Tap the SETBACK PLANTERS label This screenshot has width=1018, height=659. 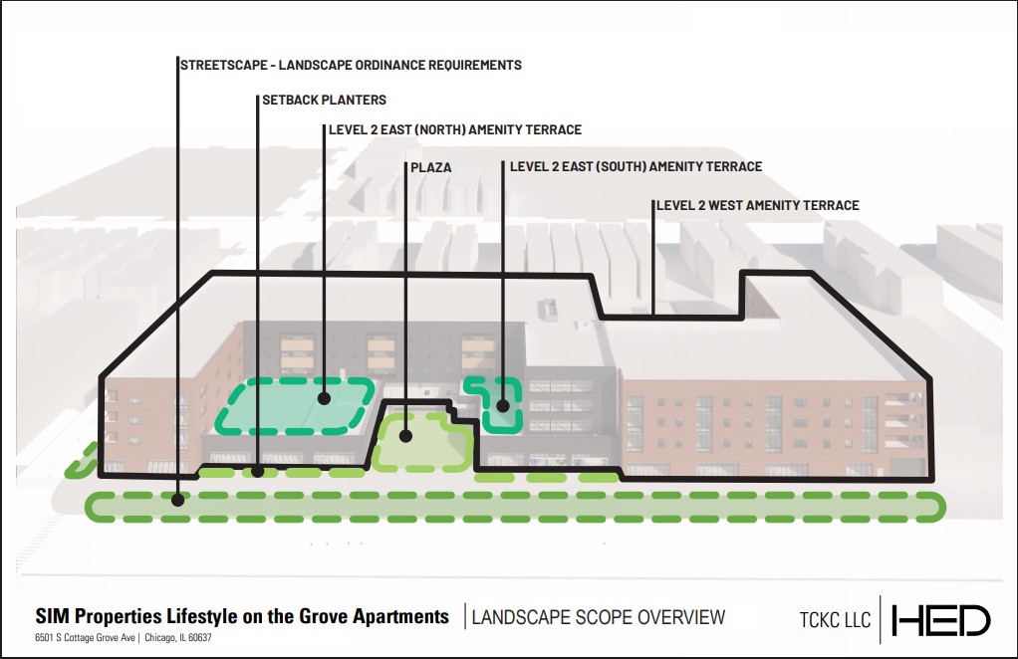pyautogui.click(x=324, y=101)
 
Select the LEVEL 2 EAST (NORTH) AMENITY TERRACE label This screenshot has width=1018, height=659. pyautogui.click(x=455, y=130)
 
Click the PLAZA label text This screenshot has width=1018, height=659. pyautogui.click(x=431, y=167)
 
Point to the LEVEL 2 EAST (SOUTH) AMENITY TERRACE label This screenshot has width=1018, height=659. pyautogui.click(x=636, y=167)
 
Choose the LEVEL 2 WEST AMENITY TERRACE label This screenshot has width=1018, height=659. pyautogui.click(x=757, y=206)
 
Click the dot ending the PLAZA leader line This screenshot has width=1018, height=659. pyautogui.click(x=406, y=434)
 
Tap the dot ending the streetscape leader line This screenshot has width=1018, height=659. pyautogui.click(x=177, y=500)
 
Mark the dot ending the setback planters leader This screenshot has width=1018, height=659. pyautogui.click(x=258, y=472)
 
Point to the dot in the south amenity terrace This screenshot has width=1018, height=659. pyautogui.click(x=503, y=404)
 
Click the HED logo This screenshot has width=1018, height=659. pyautogui.click(x=941, y=620)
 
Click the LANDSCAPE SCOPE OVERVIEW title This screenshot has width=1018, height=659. pyautogui.click(x=599, y=617)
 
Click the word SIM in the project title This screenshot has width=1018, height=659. pyautogui.click(x=50, y=616)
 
